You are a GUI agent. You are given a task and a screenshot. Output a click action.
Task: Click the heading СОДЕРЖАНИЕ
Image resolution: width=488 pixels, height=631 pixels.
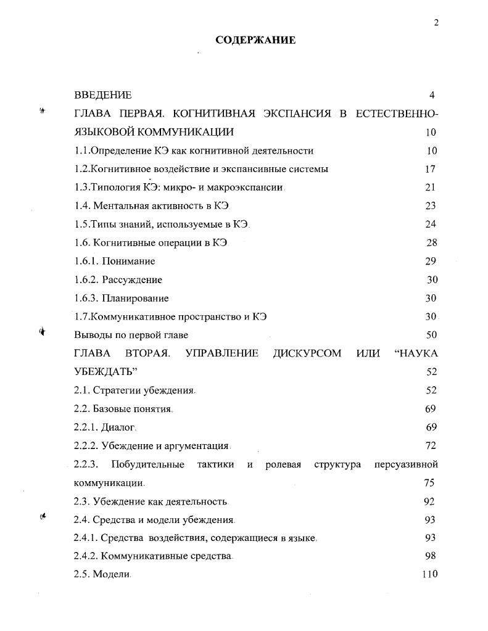pyautogui.click(x=255, y=40)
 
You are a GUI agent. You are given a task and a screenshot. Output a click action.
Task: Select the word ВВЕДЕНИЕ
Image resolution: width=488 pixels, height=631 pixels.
pyautogui.click(x=102, y=95)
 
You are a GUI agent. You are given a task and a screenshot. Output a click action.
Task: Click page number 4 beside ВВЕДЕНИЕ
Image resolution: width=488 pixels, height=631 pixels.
pyautogui.click(x=432, y=95)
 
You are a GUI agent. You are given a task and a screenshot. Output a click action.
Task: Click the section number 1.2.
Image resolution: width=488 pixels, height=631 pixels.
pyautogui.click(x=81, y=169)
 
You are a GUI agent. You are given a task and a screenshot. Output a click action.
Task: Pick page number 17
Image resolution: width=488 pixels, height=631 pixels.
pyautogui.click(x=430, y=169)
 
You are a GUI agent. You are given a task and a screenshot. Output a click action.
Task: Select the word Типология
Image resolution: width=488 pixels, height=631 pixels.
pyautogui.click(x=115, y=188)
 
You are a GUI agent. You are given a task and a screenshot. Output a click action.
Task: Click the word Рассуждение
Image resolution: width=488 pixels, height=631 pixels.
pyautogui.click(x=132, y=280)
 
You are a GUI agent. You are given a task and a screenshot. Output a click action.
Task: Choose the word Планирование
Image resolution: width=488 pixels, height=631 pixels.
pyautogui.click(x=135, y=299)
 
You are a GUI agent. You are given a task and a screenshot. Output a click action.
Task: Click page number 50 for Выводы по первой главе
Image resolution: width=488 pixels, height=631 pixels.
pyautogui.click(x=431, y=335)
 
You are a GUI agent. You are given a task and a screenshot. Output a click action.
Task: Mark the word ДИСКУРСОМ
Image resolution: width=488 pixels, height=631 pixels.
pyautogui.click(x=307, y=353)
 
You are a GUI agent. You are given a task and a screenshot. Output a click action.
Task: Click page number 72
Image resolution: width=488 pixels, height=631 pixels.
pyautogui.click(x=431, y=445)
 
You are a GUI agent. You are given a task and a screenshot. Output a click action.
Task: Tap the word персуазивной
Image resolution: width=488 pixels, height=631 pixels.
pyautogui.click(x=406, y=464)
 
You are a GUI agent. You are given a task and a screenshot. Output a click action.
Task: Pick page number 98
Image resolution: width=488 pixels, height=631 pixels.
pyautogui.click(x=431, y=556)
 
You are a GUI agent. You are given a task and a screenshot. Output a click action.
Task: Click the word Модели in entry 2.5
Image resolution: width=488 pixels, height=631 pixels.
pyautogui.click(x=112, y=574)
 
